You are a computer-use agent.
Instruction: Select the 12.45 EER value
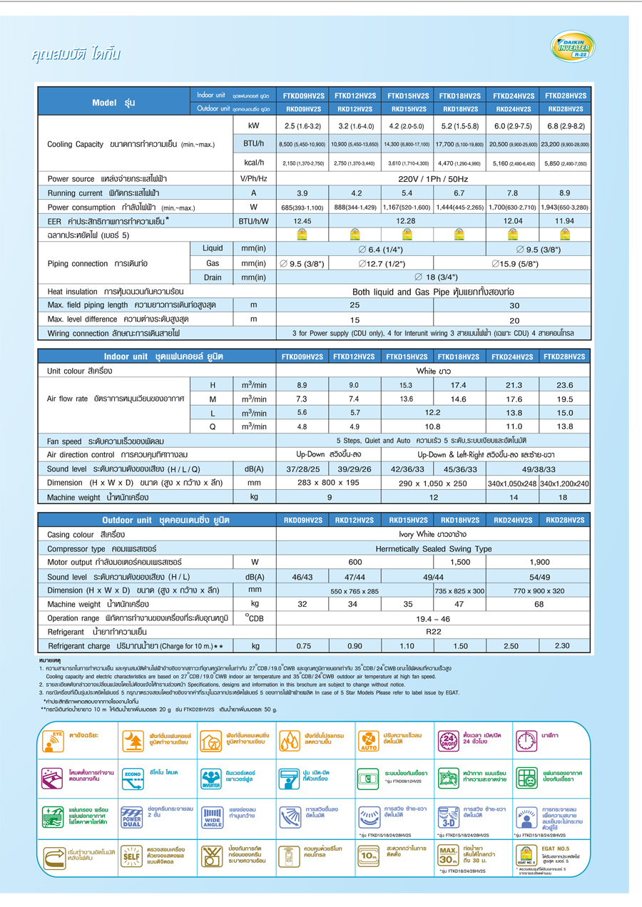click(x=302, y=221)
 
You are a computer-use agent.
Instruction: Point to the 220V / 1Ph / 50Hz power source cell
click(x=433, y=179)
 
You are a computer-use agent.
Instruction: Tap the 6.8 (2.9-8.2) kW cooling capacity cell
click(x=565, y=126)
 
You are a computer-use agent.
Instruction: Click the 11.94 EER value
click(x=565, y=221)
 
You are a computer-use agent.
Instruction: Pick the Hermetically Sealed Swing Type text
click(x=433, y=549)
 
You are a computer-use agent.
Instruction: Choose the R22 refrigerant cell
click(x=433, y=632)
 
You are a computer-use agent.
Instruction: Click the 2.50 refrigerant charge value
click(x=511, y=646)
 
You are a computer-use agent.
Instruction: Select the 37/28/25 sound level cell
click(x=302, y=468)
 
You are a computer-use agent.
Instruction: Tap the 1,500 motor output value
click(x=459, y=563)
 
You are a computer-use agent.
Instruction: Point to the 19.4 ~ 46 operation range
click(x=433, y=618)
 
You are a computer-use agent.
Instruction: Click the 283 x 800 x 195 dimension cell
click(x=328, y=483)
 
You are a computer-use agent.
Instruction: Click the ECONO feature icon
click(x=133, y=779)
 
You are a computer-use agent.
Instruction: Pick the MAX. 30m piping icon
click(x=448, y=856)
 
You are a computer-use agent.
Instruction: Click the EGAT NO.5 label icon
click(x=526, y=856)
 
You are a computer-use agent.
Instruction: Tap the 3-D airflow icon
click(x=448, y=817)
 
